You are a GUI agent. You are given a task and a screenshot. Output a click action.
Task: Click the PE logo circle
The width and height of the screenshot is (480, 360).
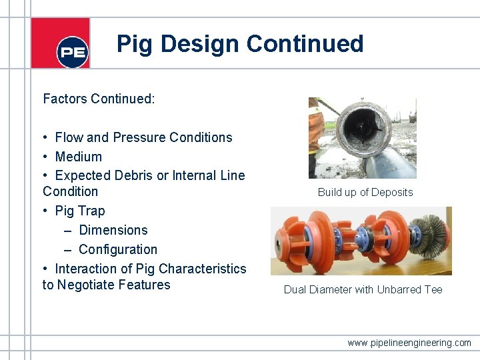tap(73, 52)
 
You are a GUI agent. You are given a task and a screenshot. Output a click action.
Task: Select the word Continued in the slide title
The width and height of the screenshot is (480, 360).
tap(305, 44)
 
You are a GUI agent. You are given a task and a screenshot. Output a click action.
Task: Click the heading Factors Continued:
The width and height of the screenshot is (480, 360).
tap(99, 99)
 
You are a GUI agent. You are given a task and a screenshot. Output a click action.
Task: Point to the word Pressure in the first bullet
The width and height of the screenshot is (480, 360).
tap(139, 137)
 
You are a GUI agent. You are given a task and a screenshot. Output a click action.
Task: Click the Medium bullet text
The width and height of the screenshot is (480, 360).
tap(79, 157)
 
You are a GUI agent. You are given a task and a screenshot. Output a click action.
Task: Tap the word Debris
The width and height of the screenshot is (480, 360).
tap(128, 176)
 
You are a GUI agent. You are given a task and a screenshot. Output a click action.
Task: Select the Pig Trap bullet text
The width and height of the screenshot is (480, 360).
tap(80, 211)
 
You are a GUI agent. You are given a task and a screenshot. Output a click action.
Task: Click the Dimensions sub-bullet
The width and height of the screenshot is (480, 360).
tap(113, 230)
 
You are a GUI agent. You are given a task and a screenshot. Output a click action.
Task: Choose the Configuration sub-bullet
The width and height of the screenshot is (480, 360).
tap(118, 249)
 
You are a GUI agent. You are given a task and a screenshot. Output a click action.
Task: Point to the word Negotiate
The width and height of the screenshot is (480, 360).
tap(113, 285)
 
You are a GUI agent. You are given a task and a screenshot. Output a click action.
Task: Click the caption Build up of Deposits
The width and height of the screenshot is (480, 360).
tap(365, 193)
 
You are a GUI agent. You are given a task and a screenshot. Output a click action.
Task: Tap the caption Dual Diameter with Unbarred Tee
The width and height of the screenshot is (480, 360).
tap(363, 289)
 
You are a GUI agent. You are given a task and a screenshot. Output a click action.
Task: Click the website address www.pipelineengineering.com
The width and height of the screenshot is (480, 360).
tap(409, 343)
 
